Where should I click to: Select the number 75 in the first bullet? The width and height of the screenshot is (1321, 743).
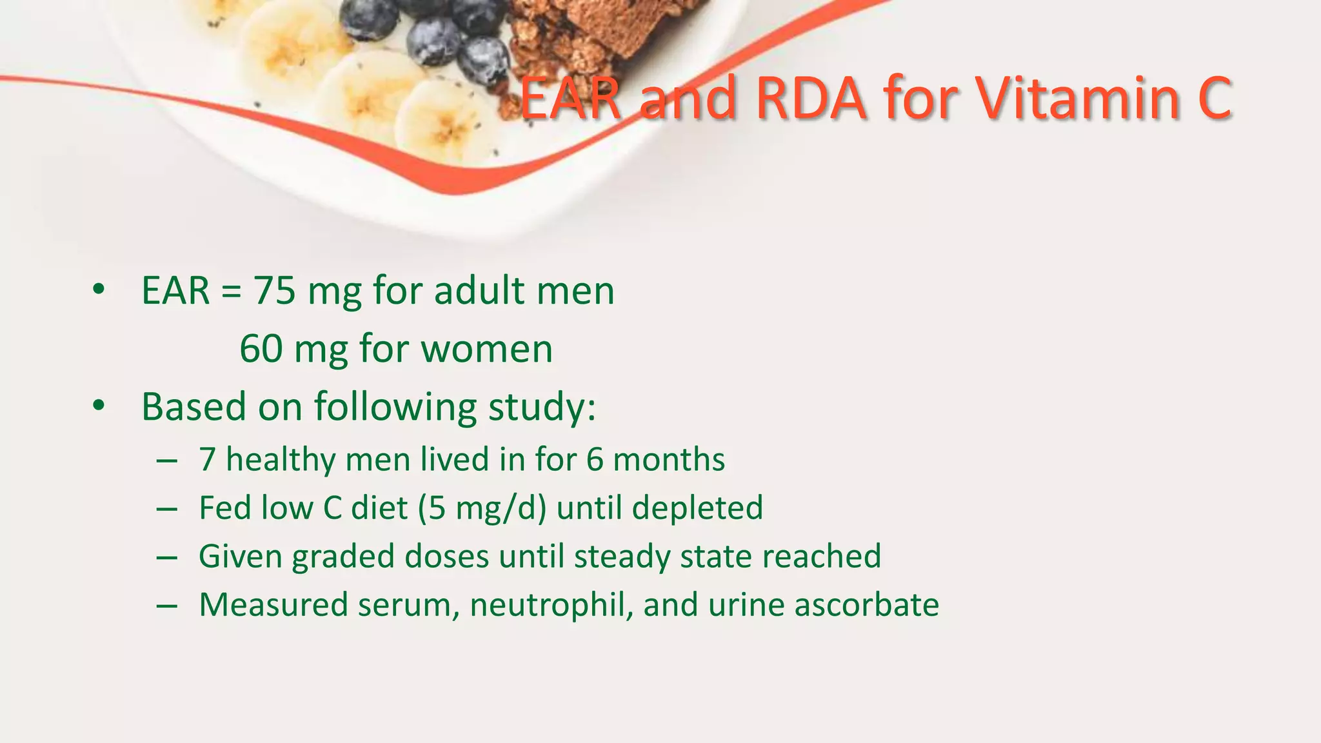click(274, 290)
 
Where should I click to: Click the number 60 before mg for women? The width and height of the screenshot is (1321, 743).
click(261, 349)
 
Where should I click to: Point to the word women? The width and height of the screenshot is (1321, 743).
click(487, 349)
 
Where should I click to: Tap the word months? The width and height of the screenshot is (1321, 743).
click(668, 460)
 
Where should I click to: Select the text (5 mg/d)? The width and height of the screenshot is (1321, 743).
click(482, 508)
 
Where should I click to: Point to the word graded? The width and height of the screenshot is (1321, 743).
click(343, 557)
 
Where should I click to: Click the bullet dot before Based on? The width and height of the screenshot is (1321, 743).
click(98, 406)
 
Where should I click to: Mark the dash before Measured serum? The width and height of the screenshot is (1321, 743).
click(166, 606)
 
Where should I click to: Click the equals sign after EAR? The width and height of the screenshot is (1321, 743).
click(231, 292)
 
